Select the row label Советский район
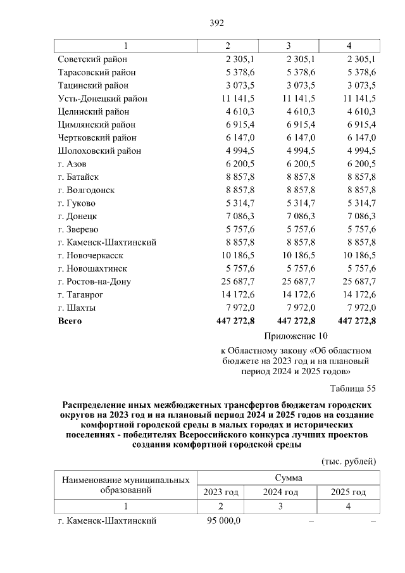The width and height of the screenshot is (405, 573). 92,59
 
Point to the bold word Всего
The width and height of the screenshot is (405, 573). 70,321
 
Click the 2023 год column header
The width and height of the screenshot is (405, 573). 221,492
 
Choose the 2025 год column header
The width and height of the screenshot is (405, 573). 349,492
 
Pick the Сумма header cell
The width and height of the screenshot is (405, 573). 288,478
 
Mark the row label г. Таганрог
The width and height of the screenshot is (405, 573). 82,294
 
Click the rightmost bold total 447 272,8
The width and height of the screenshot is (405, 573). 357,321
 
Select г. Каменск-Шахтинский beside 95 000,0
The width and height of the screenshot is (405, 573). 107,521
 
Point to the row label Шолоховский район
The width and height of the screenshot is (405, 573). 99,151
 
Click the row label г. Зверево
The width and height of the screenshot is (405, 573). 78,229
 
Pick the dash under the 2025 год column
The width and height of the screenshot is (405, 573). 373,521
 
